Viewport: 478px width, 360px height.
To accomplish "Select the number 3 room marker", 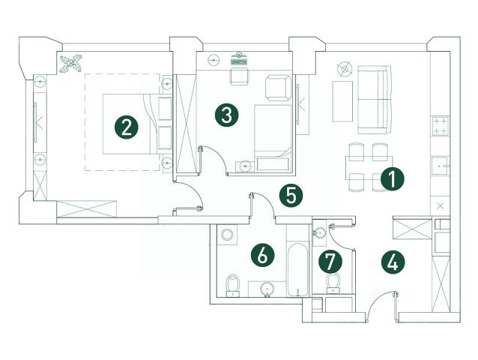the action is coord(226,115).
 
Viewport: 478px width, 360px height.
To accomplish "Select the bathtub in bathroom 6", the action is coord(298,268).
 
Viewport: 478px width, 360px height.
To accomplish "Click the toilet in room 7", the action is coord(334,281).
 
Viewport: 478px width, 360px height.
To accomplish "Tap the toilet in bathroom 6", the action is coord(232,284).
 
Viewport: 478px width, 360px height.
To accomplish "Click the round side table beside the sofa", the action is coord(344,69).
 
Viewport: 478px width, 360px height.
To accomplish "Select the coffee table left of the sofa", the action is coord(342,100).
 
